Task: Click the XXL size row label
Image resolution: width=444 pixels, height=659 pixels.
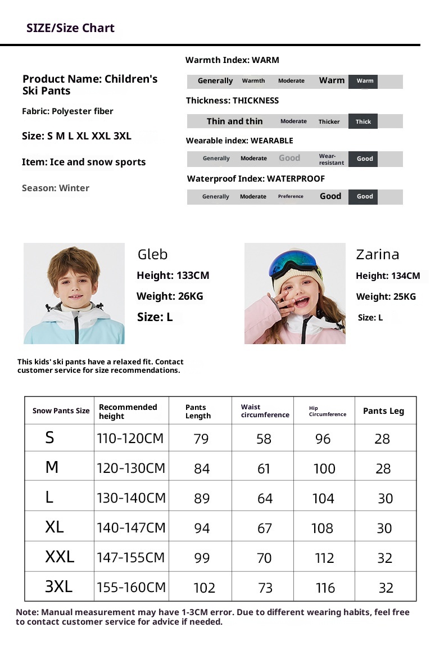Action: [x=60, y=557]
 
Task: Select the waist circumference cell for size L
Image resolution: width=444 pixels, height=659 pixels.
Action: [x=265, y=498]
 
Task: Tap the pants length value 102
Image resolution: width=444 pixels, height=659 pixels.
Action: [x=204, y=588]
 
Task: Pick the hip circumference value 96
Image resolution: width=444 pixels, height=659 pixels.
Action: [x=323, y=439]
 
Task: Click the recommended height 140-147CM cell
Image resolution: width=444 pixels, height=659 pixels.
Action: [x=132, y=527]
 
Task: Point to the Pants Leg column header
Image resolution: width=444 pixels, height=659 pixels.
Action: [x=383, y=411]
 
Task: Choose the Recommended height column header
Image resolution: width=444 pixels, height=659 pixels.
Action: [x=128, y=411]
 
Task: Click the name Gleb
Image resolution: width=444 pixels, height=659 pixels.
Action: [x=152, y=255]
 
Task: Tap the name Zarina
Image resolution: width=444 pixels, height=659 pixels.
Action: [x=378, y=255]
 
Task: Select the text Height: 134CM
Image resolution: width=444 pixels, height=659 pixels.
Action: [x=388, y=276]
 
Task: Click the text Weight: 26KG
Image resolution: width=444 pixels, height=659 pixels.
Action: [x=170, y=296]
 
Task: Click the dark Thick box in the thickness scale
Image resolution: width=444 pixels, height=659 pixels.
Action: [x=363, y=121]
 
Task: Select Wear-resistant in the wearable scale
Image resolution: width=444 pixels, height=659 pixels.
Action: [x=331, y=159]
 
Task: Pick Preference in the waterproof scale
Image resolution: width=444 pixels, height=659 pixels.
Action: [x=291, y=197]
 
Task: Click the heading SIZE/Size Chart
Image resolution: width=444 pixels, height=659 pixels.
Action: [x=70, y=28]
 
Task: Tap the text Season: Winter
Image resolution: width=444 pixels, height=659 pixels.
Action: [x=56, y=188]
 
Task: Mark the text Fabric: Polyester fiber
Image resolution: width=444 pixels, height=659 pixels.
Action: [x=67, y=111]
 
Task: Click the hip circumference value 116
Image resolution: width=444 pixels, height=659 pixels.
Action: [x=325, y=588]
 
